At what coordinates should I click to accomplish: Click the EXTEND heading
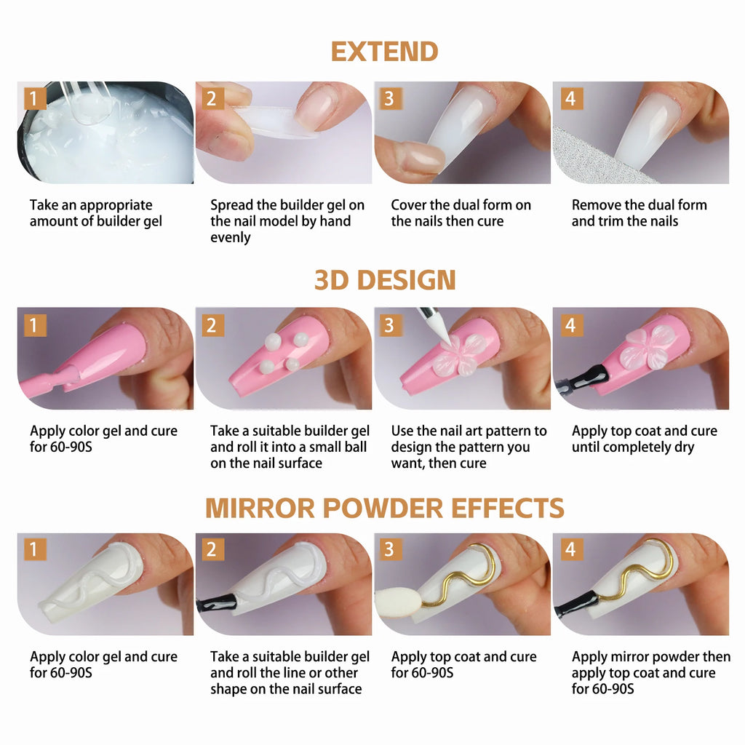(384, 52)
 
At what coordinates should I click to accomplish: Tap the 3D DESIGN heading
(385, 280)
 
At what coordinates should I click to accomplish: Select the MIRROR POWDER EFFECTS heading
(385, 508)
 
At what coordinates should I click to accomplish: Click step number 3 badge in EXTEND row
(389, 98)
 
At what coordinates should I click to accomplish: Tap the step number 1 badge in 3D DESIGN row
(34, 325)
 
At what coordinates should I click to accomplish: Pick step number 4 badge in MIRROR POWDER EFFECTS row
(570, 549)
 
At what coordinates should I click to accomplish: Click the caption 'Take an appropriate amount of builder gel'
(95, 213)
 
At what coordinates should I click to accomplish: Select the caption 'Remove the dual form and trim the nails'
(639, 213)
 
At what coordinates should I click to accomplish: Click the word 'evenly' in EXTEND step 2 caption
(230, 238)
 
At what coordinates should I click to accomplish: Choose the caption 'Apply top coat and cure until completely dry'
(644, 439)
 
